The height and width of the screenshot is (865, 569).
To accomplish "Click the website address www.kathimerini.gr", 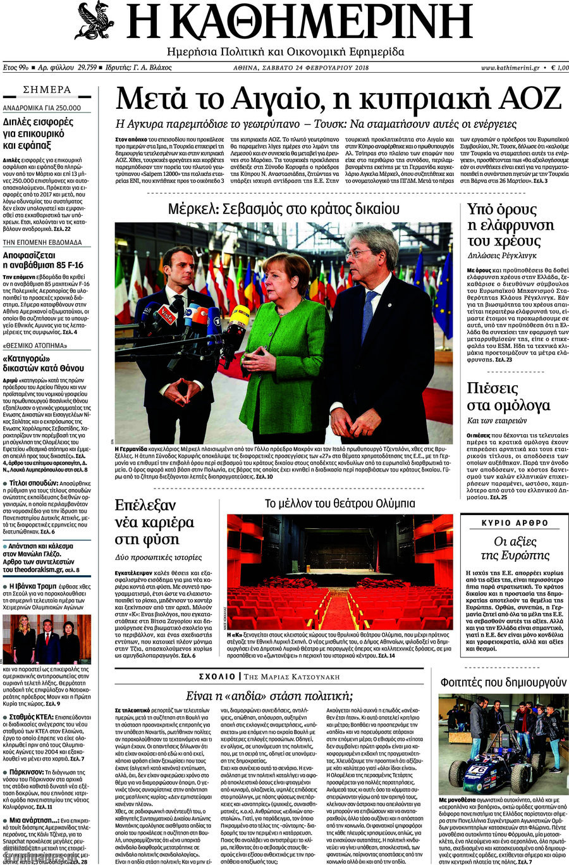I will [510, 68].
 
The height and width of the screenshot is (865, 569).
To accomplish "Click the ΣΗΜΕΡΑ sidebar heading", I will [47, 90].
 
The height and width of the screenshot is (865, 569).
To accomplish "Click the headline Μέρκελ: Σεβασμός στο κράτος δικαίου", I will [283, 209].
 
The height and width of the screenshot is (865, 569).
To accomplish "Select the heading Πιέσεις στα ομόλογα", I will [508, 397].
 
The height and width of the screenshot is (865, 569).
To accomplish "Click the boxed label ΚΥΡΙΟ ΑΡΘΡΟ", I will [515, 523].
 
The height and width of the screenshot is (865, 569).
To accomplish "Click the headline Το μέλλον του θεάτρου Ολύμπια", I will [340, 504].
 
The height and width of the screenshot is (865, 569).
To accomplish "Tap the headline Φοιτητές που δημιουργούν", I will [503, 682].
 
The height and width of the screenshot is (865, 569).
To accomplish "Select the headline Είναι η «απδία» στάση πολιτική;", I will [269, 696].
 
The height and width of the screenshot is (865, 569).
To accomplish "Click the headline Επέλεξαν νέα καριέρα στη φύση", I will [154, 522].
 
